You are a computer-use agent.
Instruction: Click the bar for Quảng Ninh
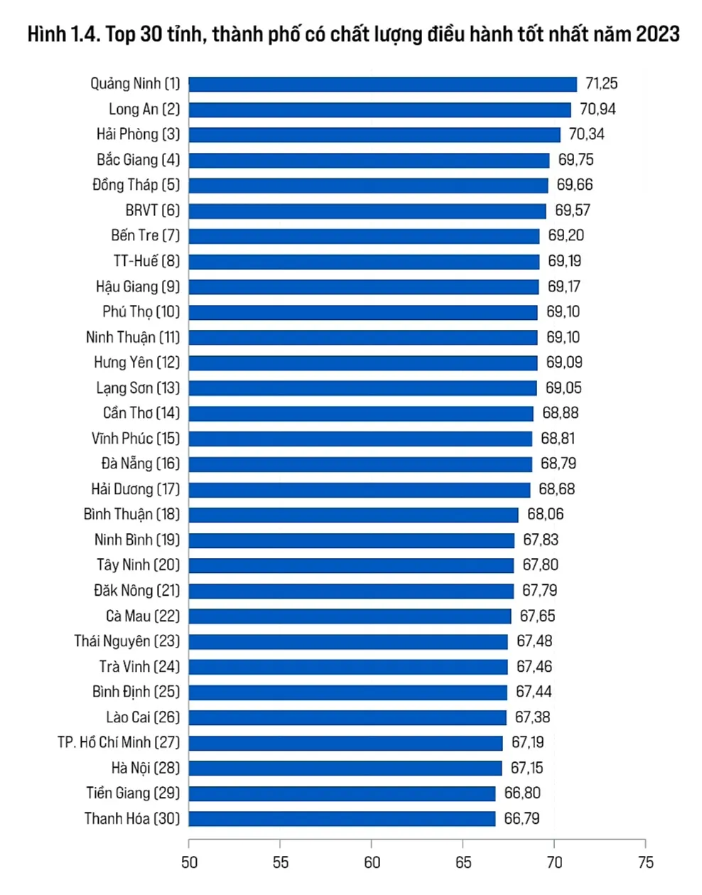[382, 84]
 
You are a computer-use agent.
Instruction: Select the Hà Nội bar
[345, 768]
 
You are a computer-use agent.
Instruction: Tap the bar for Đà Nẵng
[360, 464]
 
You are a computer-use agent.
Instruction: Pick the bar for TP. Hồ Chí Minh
[345, 743]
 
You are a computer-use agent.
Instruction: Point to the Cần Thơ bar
[361, 413]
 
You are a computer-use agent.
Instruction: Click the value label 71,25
[601, 84]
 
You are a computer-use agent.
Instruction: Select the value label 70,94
[598, 109]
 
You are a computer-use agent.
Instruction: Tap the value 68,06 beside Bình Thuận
[545, 515]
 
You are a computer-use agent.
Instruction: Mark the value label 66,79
[522, 819]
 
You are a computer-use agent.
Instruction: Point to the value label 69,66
[574, 185]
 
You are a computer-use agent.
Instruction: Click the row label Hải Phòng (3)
[139, 134]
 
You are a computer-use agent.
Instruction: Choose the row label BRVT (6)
[153, 210]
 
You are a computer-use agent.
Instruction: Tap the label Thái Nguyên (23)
[127, 641]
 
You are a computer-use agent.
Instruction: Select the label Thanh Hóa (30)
[132, 819]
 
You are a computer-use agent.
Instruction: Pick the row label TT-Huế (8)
[146, 261]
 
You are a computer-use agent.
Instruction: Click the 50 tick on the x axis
[189, 863]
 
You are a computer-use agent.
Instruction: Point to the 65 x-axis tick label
[463, 863]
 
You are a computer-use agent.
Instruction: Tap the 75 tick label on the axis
[645, 863]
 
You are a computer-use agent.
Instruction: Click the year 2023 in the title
[657, 34]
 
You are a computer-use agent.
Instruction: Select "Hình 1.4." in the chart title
[63, 34]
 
